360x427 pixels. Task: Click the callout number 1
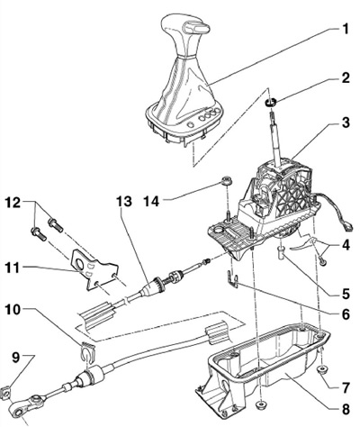(x=345, y=30)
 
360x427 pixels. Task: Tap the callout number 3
(x=345, y=123)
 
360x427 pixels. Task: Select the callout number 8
(x=345, y=409)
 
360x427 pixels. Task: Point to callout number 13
(x=124, y=202)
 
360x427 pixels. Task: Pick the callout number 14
(x=151, y=202)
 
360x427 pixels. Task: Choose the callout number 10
(x=13, y=311)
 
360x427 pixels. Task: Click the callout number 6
(x=345, y=314)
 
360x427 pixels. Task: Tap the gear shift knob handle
(x=183, y=34)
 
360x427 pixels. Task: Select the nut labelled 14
(x=226, y=181)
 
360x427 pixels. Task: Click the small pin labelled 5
(x=281, y=253)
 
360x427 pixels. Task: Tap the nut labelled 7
(x=322, y=370)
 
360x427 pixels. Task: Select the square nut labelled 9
(x=6, y=391)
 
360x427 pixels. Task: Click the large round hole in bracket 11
(x=81, y=264)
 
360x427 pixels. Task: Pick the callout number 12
(x=13, y=203)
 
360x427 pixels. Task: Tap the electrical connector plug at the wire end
(x=347, y=227)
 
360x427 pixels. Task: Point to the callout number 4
(x=345, y=245)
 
